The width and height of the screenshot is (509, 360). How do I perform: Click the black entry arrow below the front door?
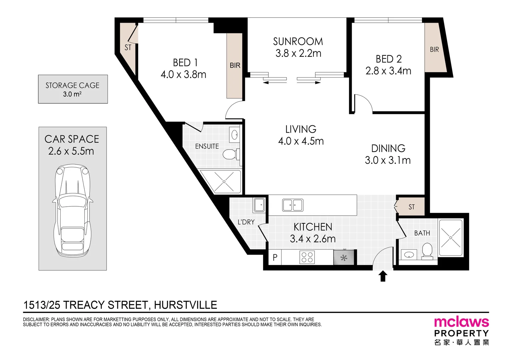click(x=383, y=276)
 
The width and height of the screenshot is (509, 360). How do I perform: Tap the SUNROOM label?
click(x=298, y=42)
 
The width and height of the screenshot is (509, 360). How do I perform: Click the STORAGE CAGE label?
click(x=72, y=85)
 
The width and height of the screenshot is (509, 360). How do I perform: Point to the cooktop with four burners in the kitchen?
click(x=307, y=257)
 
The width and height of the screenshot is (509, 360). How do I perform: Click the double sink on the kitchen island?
click(x=292, y=205)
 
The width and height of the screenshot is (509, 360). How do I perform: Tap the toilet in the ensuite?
click(x=230, y=154)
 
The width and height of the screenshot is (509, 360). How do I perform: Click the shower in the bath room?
click(x=450, y=237)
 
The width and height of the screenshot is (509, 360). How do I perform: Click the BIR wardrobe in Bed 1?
click(x=235, y=65)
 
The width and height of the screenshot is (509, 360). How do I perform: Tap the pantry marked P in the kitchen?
click(x=275, y=257)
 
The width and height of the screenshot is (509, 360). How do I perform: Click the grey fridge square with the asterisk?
click(x=344, y=258)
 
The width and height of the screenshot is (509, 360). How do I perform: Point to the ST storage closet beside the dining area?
click(x=411, y=207)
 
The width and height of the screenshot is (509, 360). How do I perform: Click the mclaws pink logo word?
click(x=461, y=322)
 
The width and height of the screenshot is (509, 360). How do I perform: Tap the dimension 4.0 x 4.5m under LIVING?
click(x=301, y=141)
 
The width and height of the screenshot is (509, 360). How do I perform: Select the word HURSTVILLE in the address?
click(x=185, y=305)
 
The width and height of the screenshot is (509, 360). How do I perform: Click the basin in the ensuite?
click(x=235, y=135)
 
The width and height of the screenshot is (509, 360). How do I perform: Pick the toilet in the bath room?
click(x=427, y=251)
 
